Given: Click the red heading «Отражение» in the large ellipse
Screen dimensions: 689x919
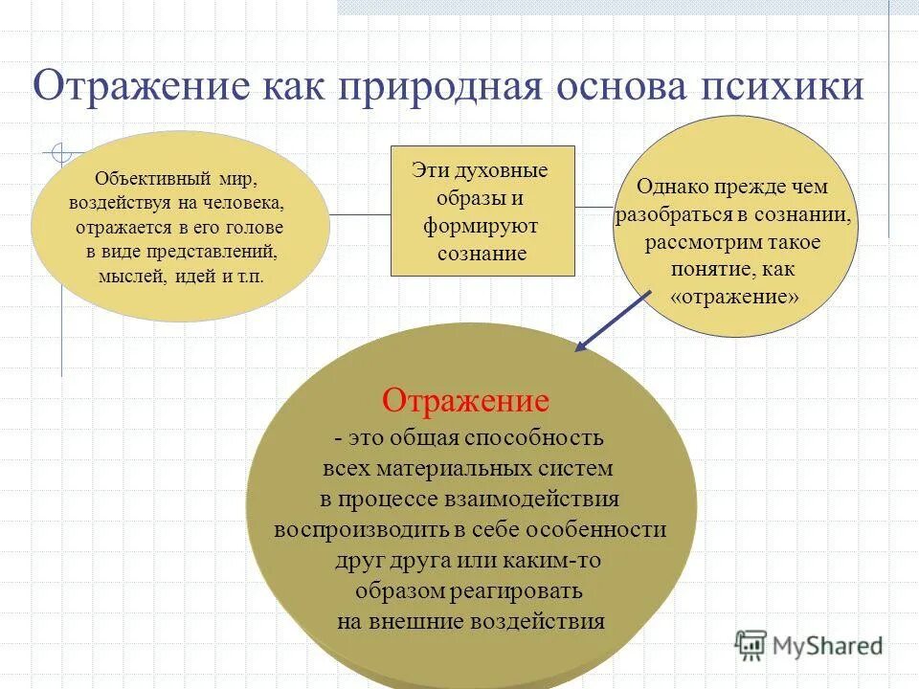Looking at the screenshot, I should [x=465, y=400].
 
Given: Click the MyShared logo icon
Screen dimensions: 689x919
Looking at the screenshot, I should [x=751, y=645].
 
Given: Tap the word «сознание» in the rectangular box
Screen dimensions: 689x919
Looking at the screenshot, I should [x=482, y=254].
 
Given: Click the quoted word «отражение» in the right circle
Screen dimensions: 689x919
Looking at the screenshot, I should [x=735, y=297].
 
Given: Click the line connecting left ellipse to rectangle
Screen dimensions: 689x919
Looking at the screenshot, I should [x=360, y=215].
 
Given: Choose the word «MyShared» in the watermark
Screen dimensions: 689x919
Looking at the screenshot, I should [x=830, y=646].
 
